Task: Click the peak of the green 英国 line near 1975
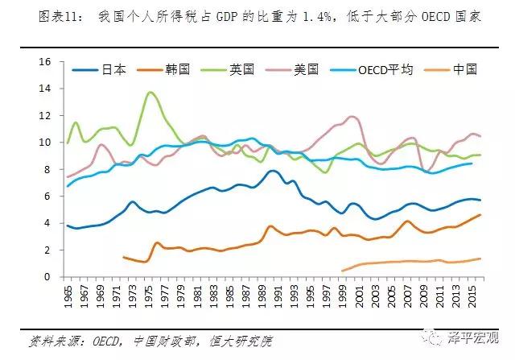tap(150, 93)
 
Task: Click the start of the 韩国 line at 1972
tap(124, 257)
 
